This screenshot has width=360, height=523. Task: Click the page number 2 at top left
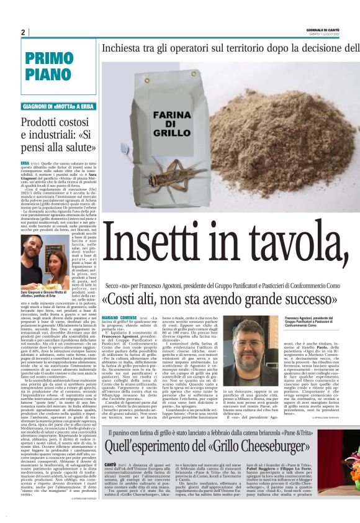tap(23, 32)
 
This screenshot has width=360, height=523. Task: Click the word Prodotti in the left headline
tap(45, 122)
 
